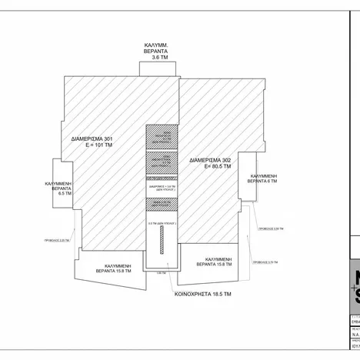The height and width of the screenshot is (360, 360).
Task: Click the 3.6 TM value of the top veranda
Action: (160, 58)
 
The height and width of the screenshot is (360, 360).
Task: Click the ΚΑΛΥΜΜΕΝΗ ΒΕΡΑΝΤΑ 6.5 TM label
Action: (59, 189)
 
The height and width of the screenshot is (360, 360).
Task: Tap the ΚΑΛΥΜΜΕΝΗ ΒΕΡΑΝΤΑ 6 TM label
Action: (262, 178)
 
